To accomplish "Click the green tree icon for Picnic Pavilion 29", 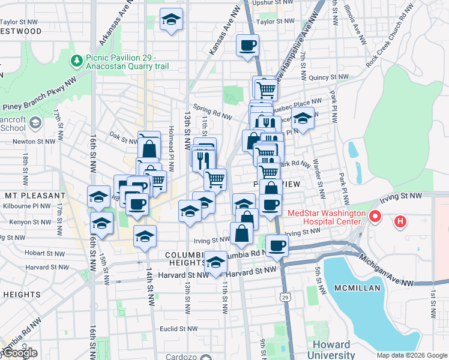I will coord(77,60).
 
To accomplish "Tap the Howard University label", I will coord(331,350).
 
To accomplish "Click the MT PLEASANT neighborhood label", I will coord(35,196).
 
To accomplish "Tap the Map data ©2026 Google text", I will coord(412,355).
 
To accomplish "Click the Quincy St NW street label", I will coord(328,77).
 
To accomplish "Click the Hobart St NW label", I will coord(45,253).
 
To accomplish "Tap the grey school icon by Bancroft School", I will coord(35,123).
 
